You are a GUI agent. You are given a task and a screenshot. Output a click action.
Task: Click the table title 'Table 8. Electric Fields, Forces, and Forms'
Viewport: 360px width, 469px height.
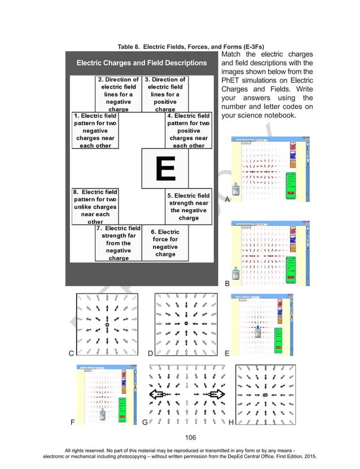[179, 46]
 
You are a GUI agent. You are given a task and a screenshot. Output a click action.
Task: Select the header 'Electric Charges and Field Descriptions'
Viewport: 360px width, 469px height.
[142, 63]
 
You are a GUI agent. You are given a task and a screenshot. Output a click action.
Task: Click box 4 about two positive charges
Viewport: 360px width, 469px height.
[188, 130]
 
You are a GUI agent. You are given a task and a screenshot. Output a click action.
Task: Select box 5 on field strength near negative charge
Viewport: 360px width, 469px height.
[188, 207]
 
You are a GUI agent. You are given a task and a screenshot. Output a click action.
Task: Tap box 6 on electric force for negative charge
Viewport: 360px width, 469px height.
[165, 243]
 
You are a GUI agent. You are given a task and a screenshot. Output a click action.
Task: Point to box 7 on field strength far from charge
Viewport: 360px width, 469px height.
[118, 243]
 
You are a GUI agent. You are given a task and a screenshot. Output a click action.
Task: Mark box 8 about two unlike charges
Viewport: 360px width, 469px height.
[95, 207]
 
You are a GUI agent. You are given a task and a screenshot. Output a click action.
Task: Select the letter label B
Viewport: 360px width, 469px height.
[227, 284]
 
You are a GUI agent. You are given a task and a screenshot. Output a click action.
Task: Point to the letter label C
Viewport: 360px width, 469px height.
[71, 354]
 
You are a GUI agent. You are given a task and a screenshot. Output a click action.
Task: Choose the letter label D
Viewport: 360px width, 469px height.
[150, 354]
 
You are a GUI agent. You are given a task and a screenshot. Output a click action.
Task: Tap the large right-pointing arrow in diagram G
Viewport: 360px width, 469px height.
[215, 393]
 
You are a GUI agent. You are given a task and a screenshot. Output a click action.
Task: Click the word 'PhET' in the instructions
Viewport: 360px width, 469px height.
[232, 81]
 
